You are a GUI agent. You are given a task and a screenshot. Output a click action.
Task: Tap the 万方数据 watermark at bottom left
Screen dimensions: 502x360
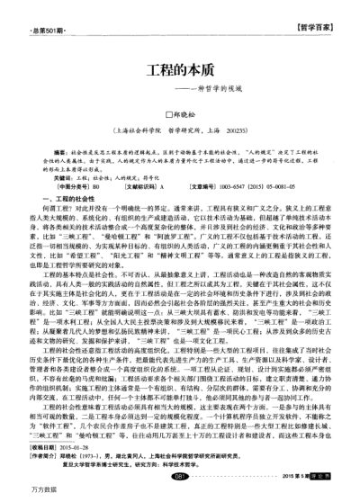click(x=19, y=494)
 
